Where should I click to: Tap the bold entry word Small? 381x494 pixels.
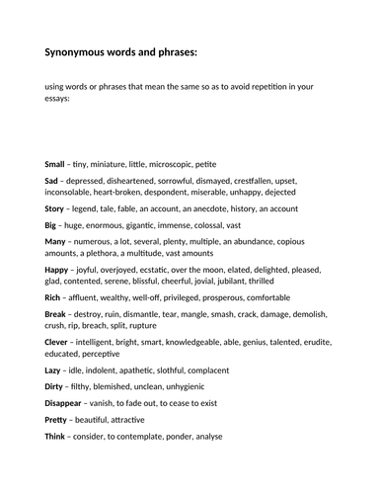click(x=55, y=163)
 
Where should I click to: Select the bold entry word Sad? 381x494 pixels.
click(x=53, y=181)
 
